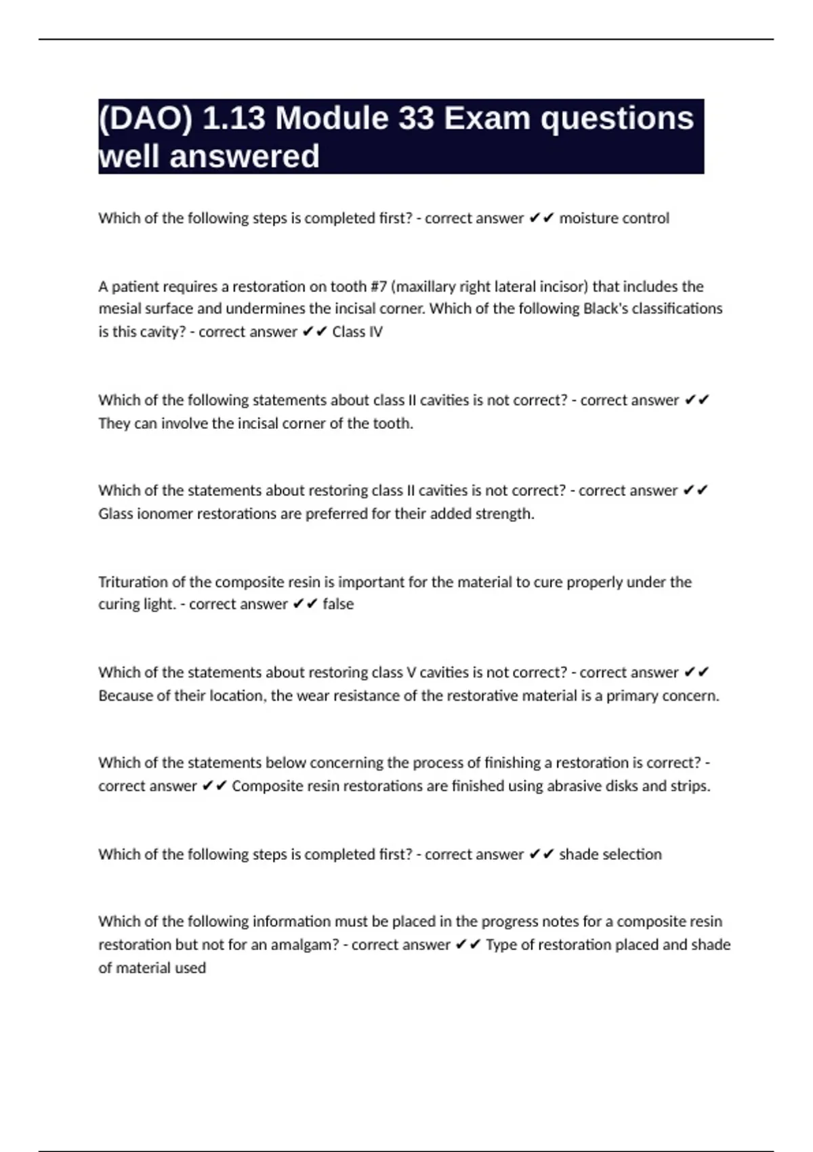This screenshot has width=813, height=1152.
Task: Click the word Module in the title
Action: tap(332, 119)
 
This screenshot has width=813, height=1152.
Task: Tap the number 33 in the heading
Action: tap(416, 119)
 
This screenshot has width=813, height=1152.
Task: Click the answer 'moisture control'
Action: tap(614, 218)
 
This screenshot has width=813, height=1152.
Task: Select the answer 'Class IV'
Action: tap(357, 332)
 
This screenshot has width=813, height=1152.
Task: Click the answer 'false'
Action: tap(338, 604)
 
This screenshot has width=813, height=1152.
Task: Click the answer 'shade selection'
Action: tap(610, 855)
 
